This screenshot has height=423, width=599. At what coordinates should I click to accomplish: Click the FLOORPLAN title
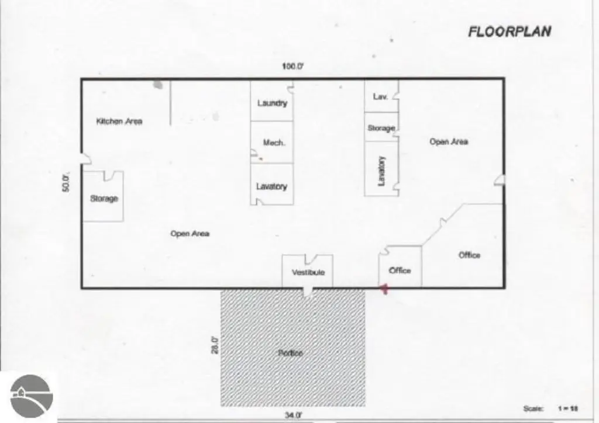point(509,32)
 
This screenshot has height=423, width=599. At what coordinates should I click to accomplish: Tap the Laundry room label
point(272,103)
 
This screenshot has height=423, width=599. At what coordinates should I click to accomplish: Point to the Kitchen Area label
point(119,122)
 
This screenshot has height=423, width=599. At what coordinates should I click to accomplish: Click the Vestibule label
point(308,272)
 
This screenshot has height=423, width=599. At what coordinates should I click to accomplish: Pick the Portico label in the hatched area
point(290,353)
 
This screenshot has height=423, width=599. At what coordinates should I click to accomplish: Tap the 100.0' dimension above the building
point(292,67)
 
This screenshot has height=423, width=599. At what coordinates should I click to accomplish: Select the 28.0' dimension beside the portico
point(215,345)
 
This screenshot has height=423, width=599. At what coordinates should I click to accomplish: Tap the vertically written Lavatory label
point(382,171)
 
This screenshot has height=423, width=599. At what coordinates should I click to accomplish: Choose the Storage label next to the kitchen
point(104,199)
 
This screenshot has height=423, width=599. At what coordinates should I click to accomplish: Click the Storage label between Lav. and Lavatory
point(381,128)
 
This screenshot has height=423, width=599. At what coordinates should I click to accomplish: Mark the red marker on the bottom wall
point(384,289)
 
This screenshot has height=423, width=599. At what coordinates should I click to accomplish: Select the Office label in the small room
point(400,271)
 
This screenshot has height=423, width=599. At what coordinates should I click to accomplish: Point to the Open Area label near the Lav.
point(449,141)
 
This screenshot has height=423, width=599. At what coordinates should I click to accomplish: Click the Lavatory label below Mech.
point(271,186)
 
